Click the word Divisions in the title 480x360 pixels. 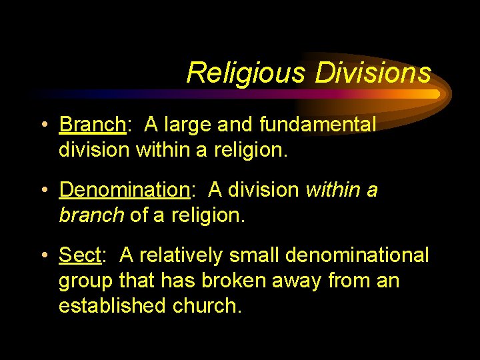(373, 73)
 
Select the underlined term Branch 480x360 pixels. (92, 125)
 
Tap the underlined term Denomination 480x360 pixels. (125, 190)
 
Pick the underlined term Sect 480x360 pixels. (79, 255)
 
